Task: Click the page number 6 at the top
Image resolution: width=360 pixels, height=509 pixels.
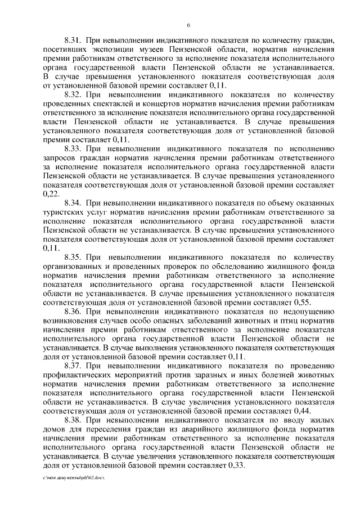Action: pos(188,25)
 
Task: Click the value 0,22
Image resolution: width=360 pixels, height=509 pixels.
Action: pos(50,193)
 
